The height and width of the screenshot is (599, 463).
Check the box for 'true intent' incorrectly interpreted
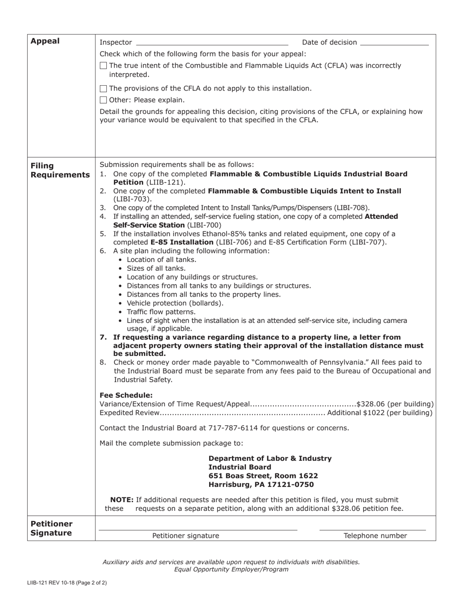103,66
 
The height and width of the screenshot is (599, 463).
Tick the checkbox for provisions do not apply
103,89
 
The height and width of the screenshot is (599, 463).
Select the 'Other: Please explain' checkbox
103,100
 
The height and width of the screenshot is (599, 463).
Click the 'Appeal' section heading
45,41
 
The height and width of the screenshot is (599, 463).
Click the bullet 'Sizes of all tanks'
156,268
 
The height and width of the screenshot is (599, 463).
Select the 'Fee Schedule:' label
126,395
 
